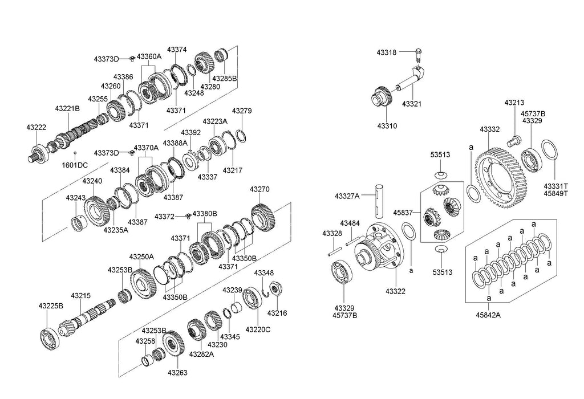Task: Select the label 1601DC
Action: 75,165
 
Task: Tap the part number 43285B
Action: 224,78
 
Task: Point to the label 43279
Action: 241,111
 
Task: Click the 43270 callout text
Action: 259,189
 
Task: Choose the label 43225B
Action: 51,306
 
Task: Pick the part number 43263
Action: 177,373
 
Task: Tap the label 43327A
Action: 348,196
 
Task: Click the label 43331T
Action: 556,186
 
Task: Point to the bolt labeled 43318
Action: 417,55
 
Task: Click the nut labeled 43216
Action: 275,289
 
